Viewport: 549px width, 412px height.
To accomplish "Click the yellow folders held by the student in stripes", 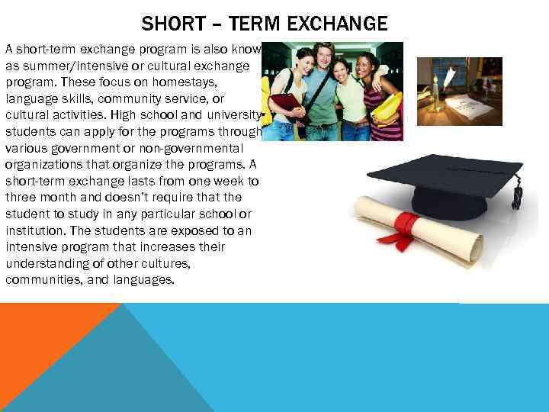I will [387, 107].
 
